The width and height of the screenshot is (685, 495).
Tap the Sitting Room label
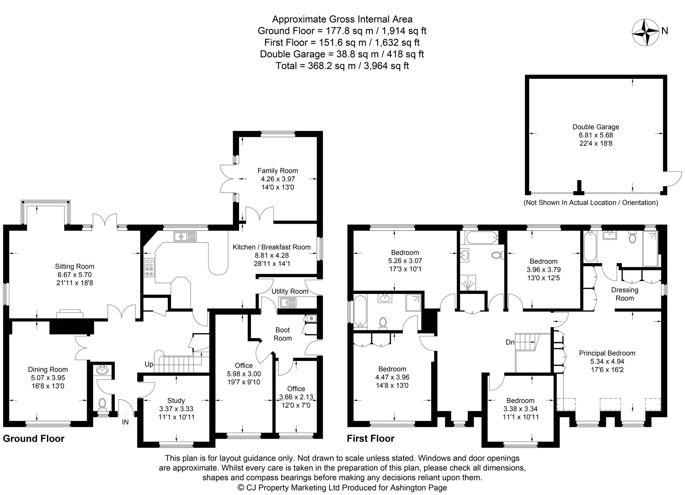click(74, 267)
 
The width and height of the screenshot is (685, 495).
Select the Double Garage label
click(596, 127)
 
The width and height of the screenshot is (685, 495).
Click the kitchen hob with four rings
click(149, 268)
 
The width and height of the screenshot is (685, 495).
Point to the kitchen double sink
click(185, 236)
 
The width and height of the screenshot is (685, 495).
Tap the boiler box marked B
click(311, 319)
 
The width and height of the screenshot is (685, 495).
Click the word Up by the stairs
click(149, 364)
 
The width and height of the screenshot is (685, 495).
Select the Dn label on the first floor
click(510, 342)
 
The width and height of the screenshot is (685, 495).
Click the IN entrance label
click(125, 422)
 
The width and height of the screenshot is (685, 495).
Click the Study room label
click(176, 400)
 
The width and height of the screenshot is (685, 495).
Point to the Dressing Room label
click(625, 294)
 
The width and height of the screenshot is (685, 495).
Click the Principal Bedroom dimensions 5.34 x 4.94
click(607, 361)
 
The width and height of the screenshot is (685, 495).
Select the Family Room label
click(278, 171)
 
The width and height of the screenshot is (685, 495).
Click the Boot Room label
click(283, 334)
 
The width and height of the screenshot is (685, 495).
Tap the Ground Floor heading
click(34, 439)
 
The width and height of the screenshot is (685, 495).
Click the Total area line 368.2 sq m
click(342, 66)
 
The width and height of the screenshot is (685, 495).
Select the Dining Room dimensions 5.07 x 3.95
click(48, 378)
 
